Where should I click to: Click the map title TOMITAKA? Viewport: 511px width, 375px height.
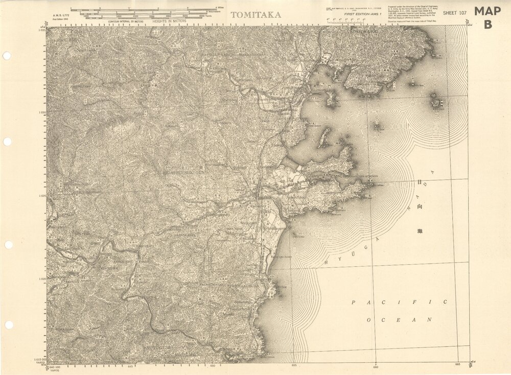(255, 15)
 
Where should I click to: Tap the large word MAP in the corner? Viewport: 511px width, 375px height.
(488, 11)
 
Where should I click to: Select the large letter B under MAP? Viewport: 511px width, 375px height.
(489, 24)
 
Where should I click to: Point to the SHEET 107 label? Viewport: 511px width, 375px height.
(455, 13)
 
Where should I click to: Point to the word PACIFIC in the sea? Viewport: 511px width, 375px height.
(399, 302)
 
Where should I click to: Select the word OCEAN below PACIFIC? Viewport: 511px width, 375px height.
(399, 319)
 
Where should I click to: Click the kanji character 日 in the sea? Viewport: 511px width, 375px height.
(420, 182)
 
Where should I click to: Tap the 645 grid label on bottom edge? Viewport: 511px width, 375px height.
(130, 366)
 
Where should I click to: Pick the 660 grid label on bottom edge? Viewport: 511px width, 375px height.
(376, 366)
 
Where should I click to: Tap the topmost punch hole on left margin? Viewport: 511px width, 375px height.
(7, 55)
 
